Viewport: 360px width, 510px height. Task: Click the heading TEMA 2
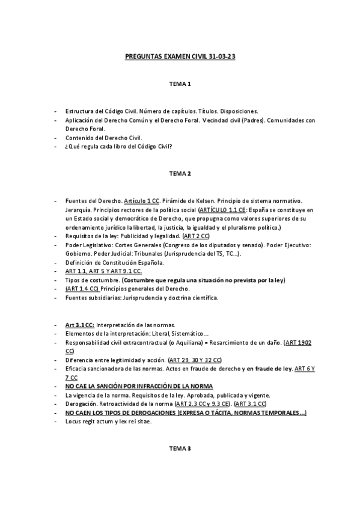click(180, 174)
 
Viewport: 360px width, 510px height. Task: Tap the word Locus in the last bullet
click(74, 422)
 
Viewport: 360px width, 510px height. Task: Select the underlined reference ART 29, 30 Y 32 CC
click(195, 360)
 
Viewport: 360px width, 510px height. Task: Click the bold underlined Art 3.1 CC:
click(81, 325)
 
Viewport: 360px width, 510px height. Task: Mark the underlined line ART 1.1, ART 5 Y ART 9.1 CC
click(103, 271)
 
